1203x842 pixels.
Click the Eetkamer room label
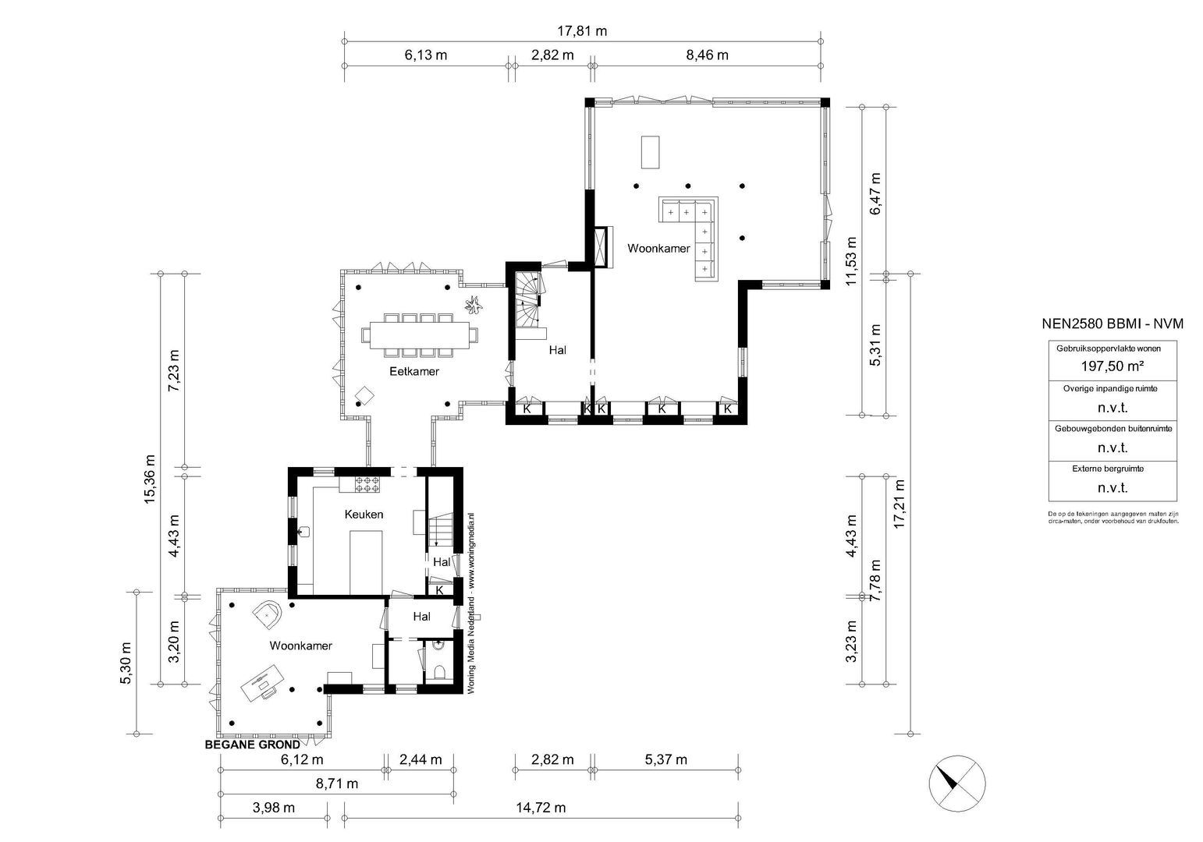coord(414,371)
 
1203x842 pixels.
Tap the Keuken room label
coord(364,515)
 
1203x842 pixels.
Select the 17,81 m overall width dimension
coord(581,31)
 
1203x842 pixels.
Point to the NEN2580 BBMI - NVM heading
coord(1113,324)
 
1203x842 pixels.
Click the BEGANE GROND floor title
coord(252,745)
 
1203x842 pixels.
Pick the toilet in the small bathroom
coord(438,672)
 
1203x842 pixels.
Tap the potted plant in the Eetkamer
coord(474,306)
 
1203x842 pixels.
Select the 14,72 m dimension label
coord(540,808)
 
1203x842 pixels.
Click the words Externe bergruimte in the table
coord(1112,469)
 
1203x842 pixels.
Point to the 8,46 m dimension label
coord(707,55)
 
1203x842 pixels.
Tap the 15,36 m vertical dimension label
coord(150,479)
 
